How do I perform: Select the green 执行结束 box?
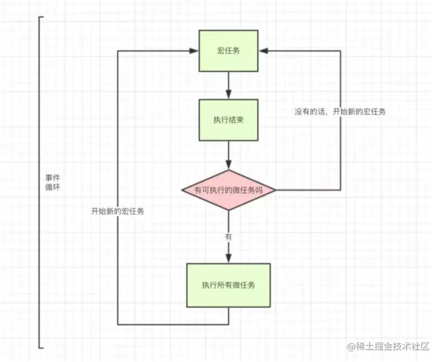click(x=228, y=120)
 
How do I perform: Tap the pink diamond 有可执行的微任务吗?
click(x=228, y=190)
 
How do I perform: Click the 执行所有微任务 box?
click(x=228, y=285)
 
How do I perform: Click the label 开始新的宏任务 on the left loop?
click(x=117, y=212)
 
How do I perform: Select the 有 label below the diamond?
click(x=228, y=237)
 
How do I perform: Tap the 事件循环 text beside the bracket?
click(x=52, y=183)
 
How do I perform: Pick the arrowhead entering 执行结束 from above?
click(x=228, y=95)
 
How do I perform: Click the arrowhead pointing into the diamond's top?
click(x=228, y=166)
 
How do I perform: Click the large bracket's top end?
click(x=41, y=17)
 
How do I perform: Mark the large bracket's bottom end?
click(x=41, y=347)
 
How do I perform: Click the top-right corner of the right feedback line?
click(x=341, y=51)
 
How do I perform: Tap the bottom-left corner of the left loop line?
click(x=117, y=324)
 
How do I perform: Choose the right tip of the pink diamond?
click(x=276, y=190)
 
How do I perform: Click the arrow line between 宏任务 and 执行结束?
click(x=228, y=83)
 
